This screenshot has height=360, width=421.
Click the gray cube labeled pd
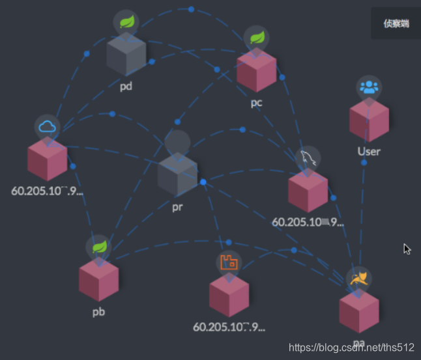126,55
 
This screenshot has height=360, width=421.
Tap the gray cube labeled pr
177,174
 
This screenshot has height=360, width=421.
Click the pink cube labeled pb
98,280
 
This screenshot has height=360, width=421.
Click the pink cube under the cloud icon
48,159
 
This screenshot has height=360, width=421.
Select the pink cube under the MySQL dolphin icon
308,191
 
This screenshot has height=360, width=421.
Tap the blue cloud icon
48,126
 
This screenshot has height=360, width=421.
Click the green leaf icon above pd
126,21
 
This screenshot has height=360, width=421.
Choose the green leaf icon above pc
256,38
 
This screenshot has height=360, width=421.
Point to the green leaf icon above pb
99,247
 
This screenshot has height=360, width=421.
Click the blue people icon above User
369,88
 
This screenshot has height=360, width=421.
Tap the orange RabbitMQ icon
229,262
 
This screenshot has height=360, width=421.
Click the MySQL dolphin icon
308,158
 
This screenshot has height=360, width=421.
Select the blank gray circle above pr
177,142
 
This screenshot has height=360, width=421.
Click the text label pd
126,86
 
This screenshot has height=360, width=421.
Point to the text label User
369,151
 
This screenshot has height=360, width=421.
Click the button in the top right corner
396,23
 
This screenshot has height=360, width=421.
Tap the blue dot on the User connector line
364,163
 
